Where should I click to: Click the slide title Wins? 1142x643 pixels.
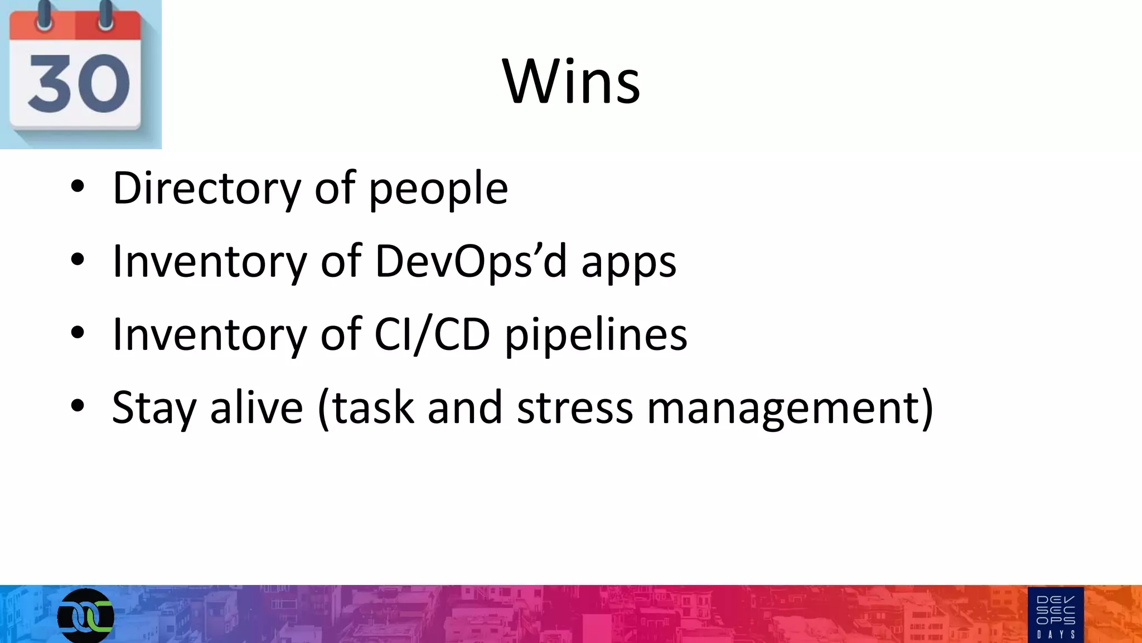(571, 81)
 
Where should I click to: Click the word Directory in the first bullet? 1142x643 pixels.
(207, 189)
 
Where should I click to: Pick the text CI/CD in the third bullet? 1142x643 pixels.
(432, 334)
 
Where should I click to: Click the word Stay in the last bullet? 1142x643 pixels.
(154, 408)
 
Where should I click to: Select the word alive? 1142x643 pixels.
(257, 407)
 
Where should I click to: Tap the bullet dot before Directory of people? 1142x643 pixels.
(78, 187)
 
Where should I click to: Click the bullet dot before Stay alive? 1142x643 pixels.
(78, 406)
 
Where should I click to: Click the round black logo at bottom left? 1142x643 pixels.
(86, 616)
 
